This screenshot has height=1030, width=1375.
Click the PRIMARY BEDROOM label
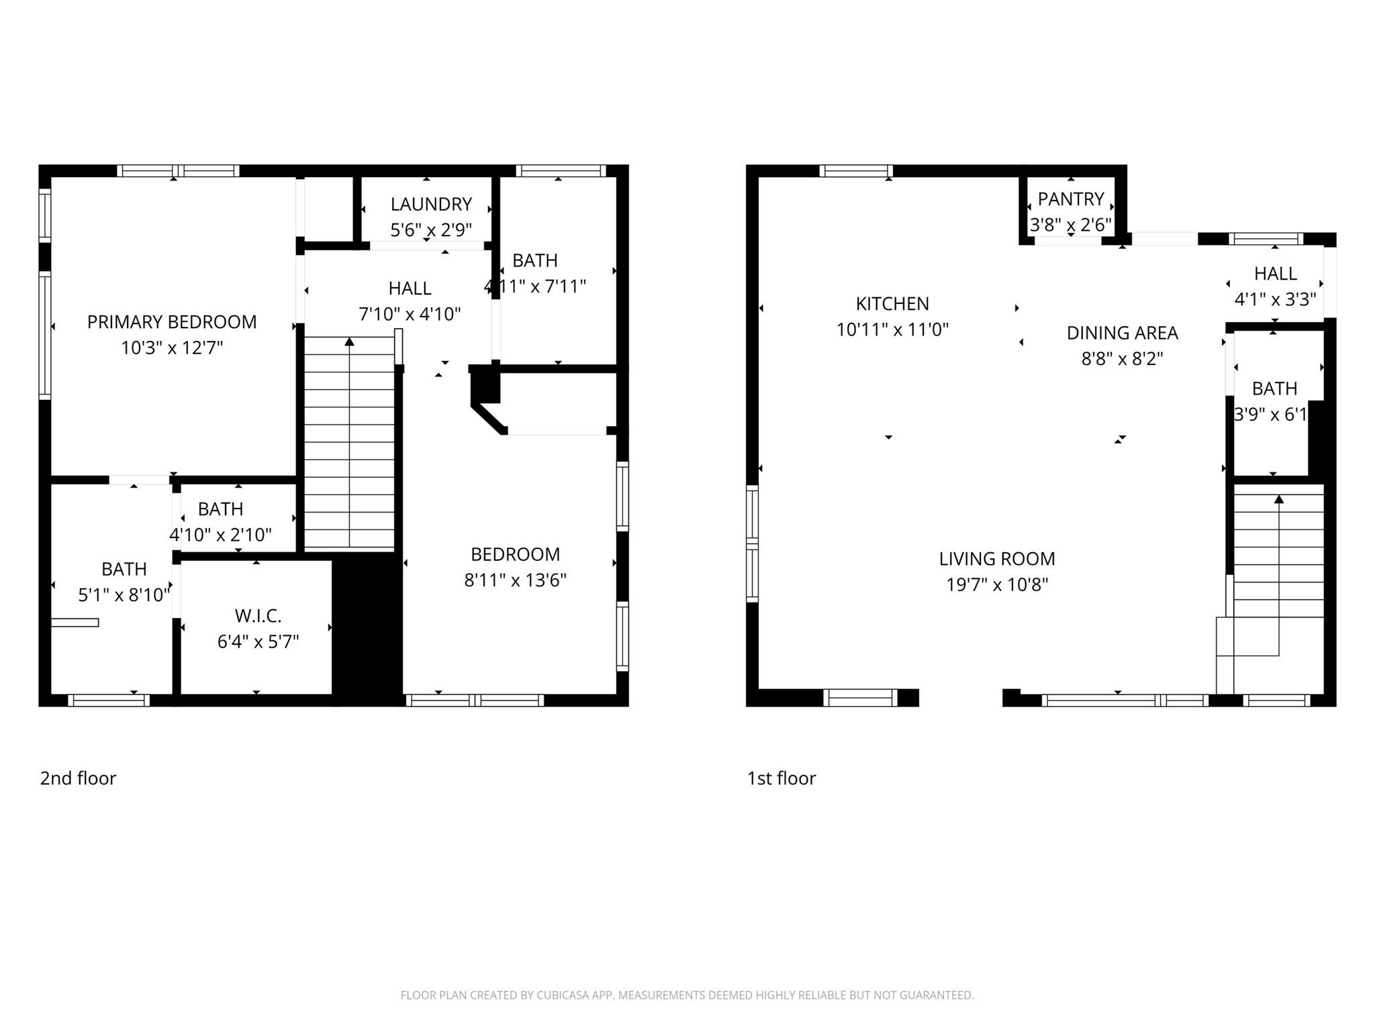pos(172,322)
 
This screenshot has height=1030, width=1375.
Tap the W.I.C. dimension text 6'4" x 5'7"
pos(258,642)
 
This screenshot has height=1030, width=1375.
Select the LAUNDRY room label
pos(431,204)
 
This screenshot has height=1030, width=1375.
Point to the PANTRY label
pos(1071,199)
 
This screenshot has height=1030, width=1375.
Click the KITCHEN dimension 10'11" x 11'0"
pos(892,329)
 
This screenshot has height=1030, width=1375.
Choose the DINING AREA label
pos(1122,333)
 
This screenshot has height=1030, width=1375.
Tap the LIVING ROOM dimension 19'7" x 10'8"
pos(997,585)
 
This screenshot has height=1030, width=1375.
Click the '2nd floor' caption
pos(78,778)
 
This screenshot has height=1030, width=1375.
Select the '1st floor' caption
pos(781,778)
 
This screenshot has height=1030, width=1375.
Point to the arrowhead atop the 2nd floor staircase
pos(349,342)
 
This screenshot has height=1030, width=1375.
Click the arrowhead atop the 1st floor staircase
pos(1279,499)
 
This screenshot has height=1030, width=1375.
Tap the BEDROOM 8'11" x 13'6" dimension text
pos(515,580)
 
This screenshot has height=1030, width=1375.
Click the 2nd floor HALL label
pos(410,289)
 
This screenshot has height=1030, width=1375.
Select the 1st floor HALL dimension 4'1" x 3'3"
pos(1275,299)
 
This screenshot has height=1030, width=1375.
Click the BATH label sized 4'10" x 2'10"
pos(220,509)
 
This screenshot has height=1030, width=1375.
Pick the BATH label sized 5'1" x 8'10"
pos(124,569)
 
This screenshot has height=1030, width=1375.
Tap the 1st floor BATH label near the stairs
pos(1274,389)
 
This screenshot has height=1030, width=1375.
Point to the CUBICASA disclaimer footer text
pos(687,995)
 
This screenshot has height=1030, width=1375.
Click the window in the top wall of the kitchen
pos(855,171)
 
